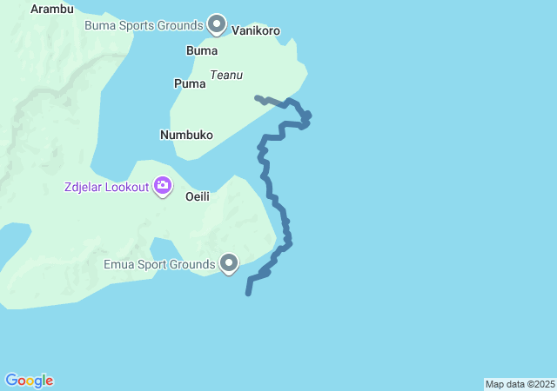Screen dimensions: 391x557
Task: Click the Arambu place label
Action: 52,10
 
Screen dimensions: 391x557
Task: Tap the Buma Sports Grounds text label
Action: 144,25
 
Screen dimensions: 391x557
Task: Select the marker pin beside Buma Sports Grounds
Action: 218,24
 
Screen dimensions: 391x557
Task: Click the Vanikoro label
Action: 257,30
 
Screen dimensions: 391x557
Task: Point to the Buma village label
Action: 202,51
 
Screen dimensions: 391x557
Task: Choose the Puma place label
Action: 190,84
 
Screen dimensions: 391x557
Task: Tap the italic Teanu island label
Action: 226,76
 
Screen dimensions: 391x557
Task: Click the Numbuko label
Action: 186,135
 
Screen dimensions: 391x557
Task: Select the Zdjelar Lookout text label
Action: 106,187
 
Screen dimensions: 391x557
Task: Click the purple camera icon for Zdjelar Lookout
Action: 163,185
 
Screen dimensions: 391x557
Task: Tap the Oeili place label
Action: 198,196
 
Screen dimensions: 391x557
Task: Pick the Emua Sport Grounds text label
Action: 158,264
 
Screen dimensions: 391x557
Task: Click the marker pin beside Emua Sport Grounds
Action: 230,262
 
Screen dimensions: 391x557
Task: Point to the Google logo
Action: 30,381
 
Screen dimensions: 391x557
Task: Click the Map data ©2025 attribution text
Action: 520,384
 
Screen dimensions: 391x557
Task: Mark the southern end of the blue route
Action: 248,294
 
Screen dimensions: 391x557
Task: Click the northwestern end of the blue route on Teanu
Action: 257,97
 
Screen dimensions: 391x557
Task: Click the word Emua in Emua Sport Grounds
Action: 118,264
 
